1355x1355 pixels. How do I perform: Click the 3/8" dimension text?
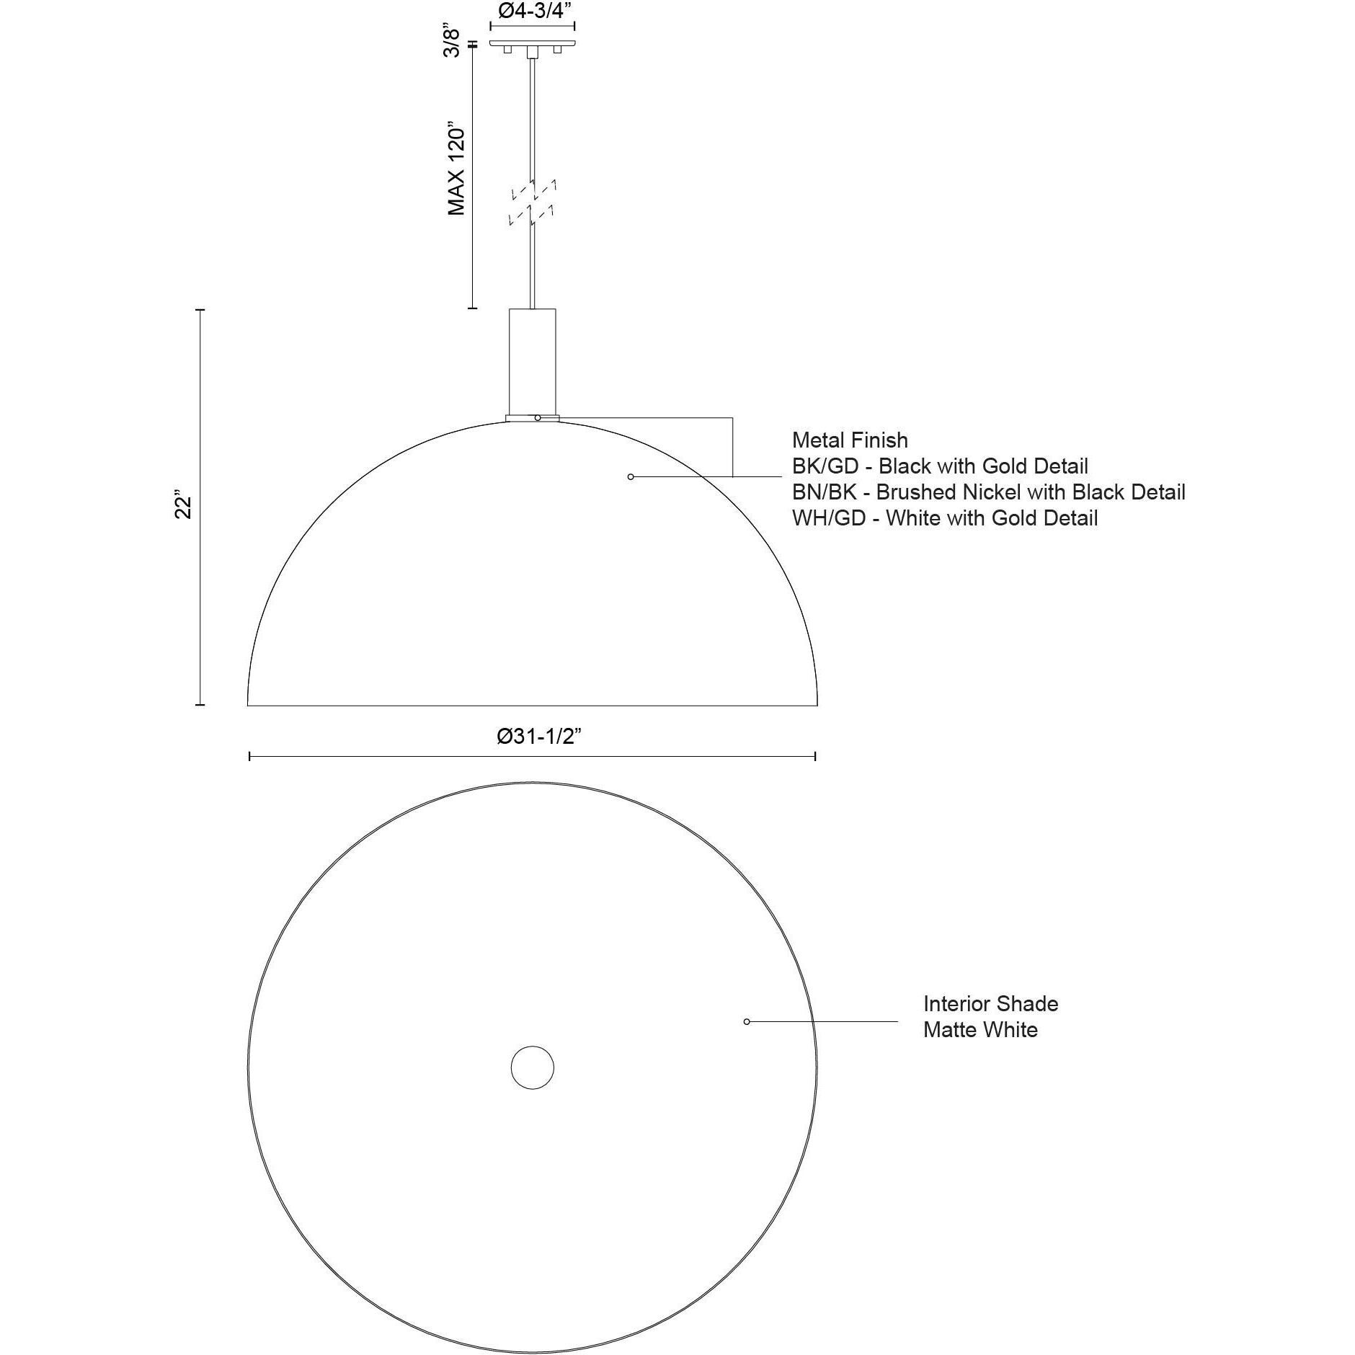(451, 42)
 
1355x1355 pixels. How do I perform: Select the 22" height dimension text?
(184, 507)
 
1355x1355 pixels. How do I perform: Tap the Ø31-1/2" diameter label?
(538, 736)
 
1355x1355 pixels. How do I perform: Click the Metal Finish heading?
(850, 440)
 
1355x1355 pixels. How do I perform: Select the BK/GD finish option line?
(940, 466)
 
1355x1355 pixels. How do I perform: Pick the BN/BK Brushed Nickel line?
(988, 492)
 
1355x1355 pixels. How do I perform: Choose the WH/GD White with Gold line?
(945, 517)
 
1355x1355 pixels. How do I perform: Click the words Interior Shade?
(990, 1003)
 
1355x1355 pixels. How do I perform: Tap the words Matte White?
(980, 1029)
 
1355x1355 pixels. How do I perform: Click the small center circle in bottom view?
(533, 1067)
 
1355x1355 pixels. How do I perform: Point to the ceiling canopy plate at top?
(533, 43)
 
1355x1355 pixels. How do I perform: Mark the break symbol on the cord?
(533, 203)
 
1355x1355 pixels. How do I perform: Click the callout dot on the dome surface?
(631, 476)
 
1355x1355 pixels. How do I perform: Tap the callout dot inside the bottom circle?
(747, 1021)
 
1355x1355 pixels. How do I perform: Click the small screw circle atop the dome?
(538, 417)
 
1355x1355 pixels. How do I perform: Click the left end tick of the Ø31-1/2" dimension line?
(249, 756)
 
